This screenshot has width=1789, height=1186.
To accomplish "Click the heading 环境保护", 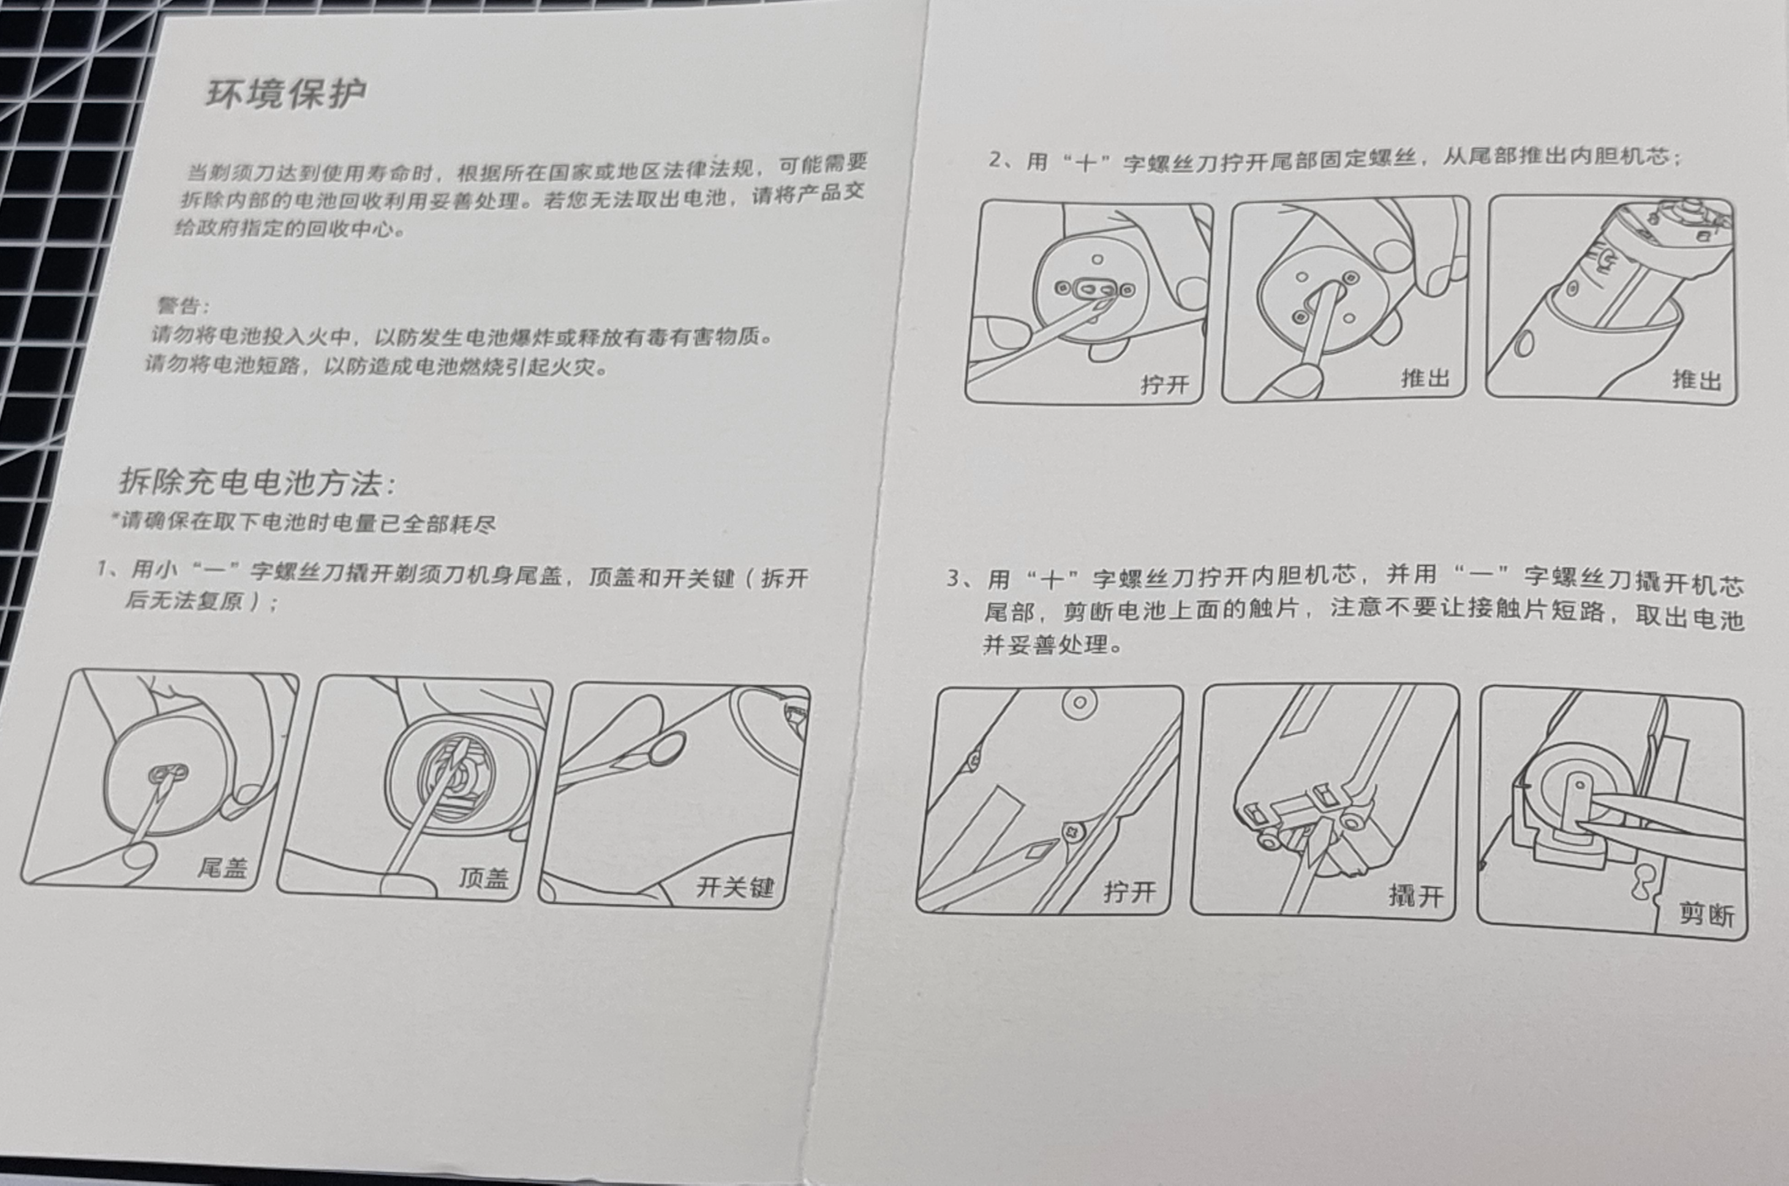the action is click(x=286, y=94).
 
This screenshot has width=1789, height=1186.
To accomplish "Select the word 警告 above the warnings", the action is click(x=178, y=306).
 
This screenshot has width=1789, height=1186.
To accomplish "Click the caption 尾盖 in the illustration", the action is click(x=222, y=867).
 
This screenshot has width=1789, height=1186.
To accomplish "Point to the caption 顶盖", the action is click(x=484, y=877).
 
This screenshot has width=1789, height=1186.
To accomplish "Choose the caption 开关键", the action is click(x=735, y=886).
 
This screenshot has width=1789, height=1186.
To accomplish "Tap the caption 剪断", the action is click(x=1706, y=915).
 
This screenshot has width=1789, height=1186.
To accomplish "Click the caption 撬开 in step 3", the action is click(x=1416, y=896).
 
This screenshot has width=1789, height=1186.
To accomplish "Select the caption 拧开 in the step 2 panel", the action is click(x=1164, y=384).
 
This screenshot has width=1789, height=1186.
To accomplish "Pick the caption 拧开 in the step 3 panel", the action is click(x=1129, y=892).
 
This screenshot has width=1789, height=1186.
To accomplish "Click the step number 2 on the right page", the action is click(x=995, y=160).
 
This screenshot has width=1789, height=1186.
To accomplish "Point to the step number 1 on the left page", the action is click(x=102, y=568).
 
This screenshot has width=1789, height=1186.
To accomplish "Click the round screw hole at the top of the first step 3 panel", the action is click(x=1080, y=702).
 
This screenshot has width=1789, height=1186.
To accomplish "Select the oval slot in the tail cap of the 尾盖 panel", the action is click(x=168, y=773).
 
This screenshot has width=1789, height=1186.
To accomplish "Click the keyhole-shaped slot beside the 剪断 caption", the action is click(x=1641, y=883).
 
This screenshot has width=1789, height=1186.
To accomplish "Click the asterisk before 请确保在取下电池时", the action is click(x=115, y=518).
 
